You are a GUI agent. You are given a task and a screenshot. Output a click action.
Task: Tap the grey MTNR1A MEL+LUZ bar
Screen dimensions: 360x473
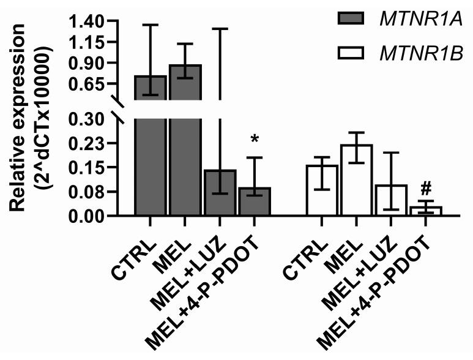pyautogui.click(x=220, y=193)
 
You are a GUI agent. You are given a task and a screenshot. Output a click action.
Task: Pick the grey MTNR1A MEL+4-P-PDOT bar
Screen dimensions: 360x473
pyautogui.click(x=255, y=201)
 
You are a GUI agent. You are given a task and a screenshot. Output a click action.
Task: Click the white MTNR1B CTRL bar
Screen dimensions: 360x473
pyautogui.click(x=321, y=190)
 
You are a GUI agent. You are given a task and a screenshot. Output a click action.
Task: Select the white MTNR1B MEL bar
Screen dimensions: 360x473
pyautogui.click(x=356, y=180)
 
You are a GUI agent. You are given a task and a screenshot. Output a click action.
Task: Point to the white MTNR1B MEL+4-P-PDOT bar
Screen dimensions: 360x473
pyautogui.click(x=425, y=211)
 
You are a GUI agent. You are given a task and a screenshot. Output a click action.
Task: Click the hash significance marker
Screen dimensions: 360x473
pyautogui.click(x=426, y=187)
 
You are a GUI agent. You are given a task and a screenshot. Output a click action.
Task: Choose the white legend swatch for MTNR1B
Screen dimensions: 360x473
pyautogui.click(x=351, y=56)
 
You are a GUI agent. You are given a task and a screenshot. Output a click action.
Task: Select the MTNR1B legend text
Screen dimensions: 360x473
pyautogui.click(x=417, y=56)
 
